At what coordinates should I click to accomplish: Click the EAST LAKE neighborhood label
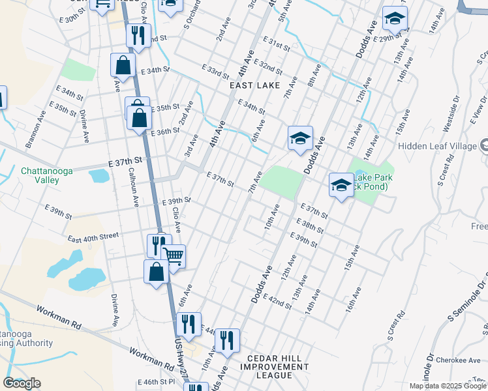point(254,85)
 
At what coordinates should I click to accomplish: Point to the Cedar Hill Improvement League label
point(278,367)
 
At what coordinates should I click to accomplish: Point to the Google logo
point(22,383)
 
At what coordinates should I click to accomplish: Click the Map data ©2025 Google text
point(448,386)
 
